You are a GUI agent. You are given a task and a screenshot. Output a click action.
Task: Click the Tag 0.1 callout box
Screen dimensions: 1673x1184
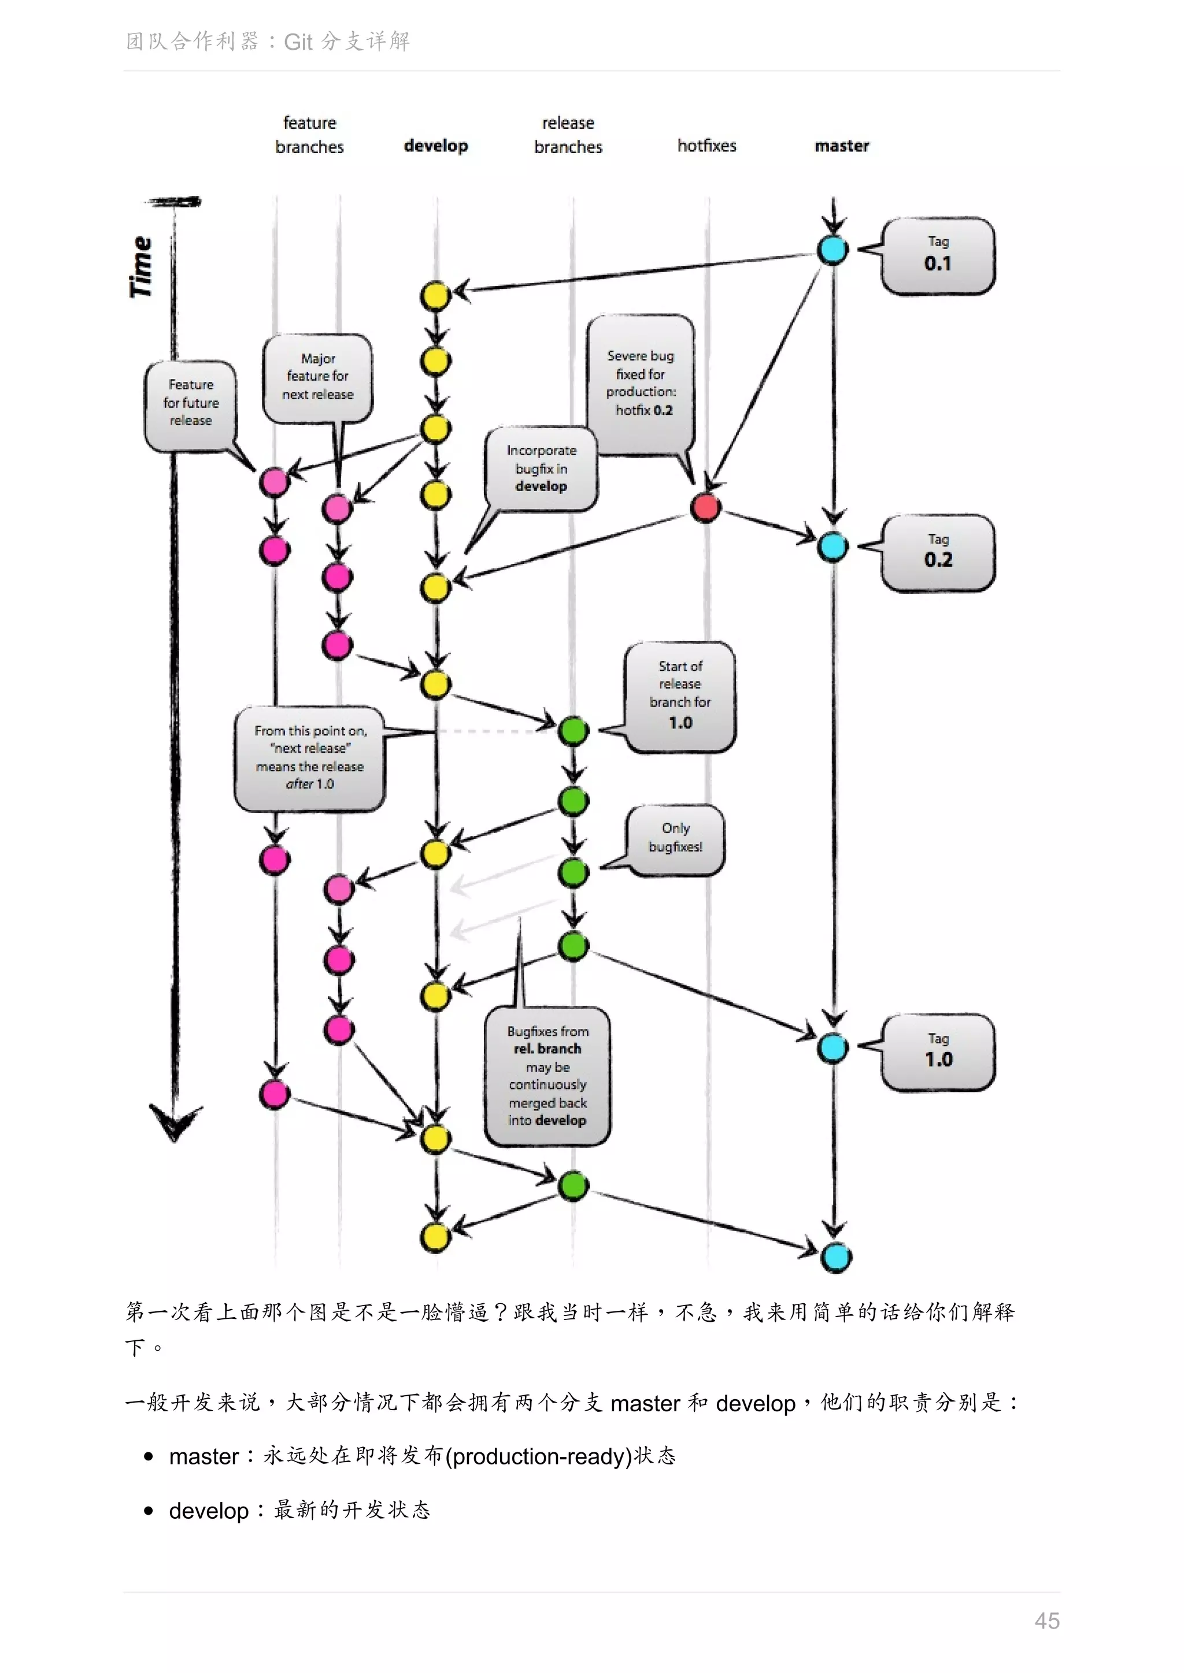click(x=938, y=256)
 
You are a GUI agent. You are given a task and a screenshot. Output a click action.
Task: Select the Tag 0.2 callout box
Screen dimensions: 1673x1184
click(x=938, y=553)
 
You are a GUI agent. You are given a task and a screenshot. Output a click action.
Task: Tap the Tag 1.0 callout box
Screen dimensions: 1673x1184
click(x=938, y=1052)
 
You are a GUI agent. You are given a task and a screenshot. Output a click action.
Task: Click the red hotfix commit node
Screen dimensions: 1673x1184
click(x=706, y=507)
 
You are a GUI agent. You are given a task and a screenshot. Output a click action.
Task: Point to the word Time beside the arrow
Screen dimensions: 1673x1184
click(x=140, y=267)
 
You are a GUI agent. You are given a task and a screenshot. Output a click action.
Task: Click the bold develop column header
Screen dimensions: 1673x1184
click(x=436, y=146)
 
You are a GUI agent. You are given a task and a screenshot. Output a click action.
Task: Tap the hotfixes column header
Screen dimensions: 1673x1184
click(x=706, y=146)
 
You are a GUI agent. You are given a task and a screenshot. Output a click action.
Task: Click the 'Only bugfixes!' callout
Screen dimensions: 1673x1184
click(x=675, y=838)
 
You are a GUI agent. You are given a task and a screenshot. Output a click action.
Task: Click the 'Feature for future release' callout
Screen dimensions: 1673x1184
click(x=190, y=403)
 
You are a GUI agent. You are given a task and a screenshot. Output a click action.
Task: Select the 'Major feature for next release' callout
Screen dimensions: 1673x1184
click(x=317, y=377)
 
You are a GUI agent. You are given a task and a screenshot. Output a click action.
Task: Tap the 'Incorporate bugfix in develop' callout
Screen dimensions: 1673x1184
click(x=541, y=469)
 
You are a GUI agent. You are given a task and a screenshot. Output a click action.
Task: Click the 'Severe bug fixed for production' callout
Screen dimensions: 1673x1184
click(x=640, y=383)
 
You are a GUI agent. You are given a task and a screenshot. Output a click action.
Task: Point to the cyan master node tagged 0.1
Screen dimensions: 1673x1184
click(x=832, y=250)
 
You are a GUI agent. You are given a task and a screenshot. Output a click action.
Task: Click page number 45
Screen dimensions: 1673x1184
click(x=1046, y=1620)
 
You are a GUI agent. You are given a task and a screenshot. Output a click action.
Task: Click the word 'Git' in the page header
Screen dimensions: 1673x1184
click(x=298, y=42)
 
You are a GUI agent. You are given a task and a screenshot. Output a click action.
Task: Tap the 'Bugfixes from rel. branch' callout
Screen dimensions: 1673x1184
click(x=547, y=1076)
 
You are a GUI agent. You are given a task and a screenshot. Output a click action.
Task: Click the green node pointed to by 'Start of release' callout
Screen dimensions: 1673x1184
click(x=573, y=730)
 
